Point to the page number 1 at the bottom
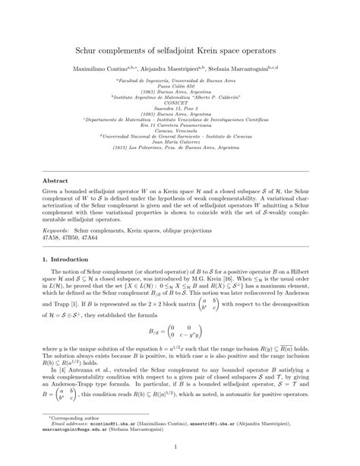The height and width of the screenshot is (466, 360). (180, 456)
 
